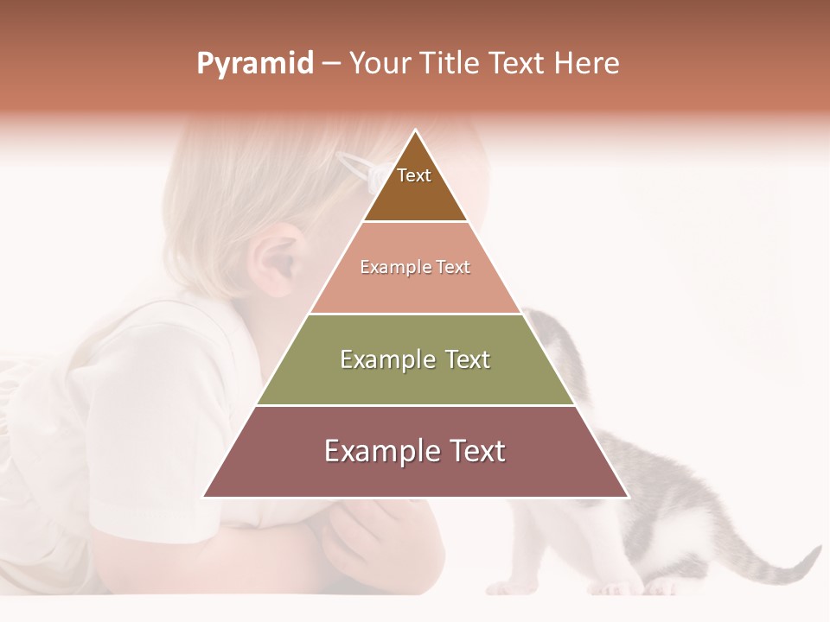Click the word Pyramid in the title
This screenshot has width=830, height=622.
click(x=254, y=64)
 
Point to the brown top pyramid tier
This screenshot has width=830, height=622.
click(x=416, y=194)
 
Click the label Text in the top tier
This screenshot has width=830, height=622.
click(x=414, y=175)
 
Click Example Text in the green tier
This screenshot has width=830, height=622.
click(x=415, y=359)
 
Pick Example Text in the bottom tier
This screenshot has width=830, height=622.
click(x=415, y=451)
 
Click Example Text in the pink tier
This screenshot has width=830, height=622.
click(x=415, y=267)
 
